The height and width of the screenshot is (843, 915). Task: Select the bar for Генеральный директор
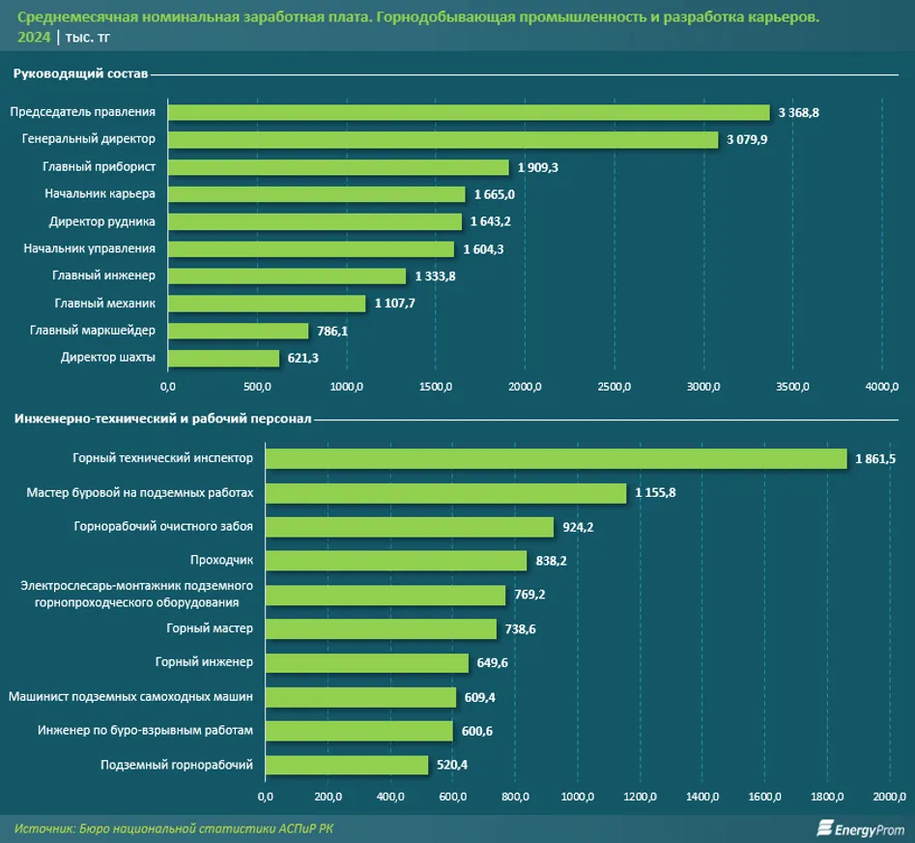[443, 139]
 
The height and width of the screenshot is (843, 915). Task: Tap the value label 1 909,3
[538, 167]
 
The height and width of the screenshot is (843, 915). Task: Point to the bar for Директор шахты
[223, 358]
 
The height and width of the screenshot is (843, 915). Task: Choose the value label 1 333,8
[436, 276]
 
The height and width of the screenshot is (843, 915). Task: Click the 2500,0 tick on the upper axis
[615, 387]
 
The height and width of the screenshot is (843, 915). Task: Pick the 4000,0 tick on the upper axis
[882, 387]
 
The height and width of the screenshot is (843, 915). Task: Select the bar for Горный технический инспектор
[557, 458]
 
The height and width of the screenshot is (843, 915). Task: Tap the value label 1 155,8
[655, 493]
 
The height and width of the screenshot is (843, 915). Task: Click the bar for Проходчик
[396, 561]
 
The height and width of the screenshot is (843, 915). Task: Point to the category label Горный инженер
[204, 662]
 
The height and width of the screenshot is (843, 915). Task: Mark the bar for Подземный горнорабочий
[347, 765]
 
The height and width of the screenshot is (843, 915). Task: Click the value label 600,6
[477, 731]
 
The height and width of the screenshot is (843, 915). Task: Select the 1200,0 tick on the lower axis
[641, 797]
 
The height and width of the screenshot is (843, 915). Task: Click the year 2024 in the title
[34, 38]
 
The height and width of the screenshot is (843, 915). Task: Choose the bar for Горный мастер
[381, 628]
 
